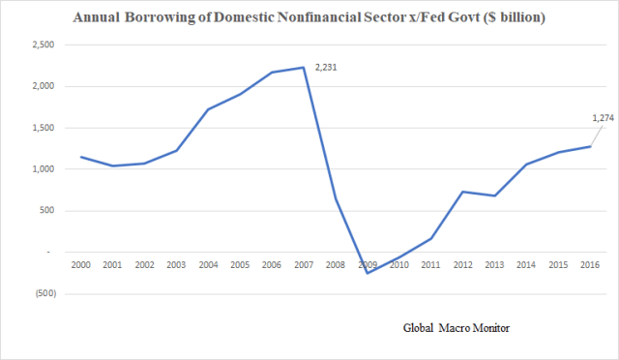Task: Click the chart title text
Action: pos(309,18)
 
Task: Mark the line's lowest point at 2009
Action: pos(368,273)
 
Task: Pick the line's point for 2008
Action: pos(337,199)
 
